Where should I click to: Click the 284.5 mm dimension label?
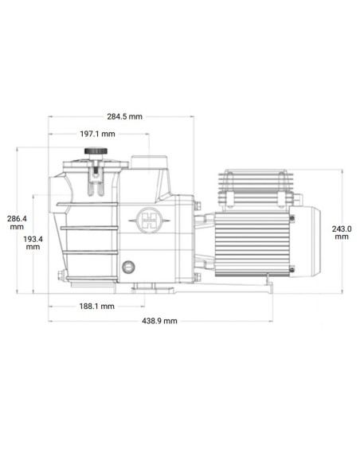124,116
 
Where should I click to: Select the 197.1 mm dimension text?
97,134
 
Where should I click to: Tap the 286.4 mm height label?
17,223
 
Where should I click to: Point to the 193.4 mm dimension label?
33,243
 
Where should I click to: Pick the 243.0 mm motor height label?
342,232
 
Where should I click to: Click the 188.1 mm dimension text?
96,307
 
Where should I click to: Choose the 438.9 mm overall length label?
159,321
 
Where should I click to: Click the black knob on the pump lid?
96,151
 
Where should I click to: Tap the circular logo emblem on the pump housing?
150,221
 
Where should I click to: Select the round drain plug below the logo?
128,268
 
